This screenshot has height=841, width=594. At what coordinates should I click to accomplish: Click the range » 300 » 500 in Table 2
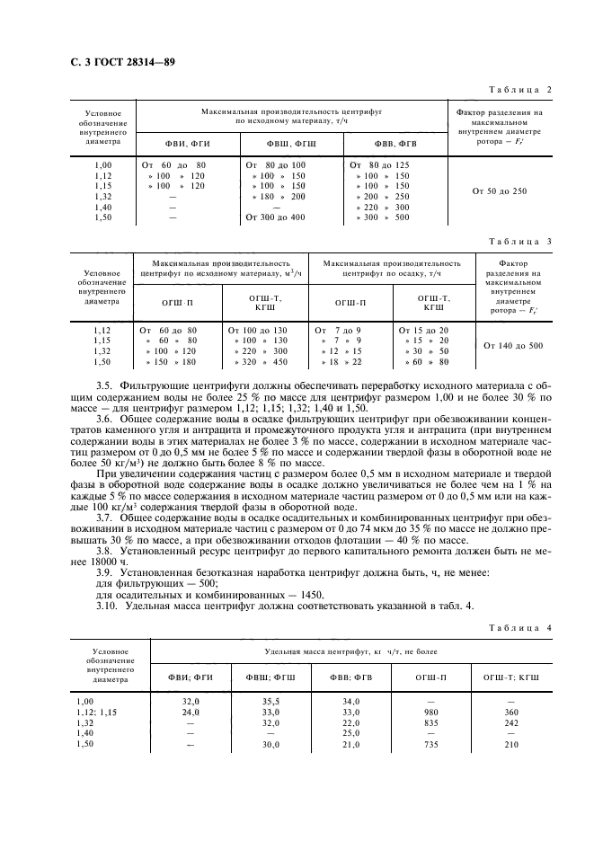(x=377, y=217)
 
